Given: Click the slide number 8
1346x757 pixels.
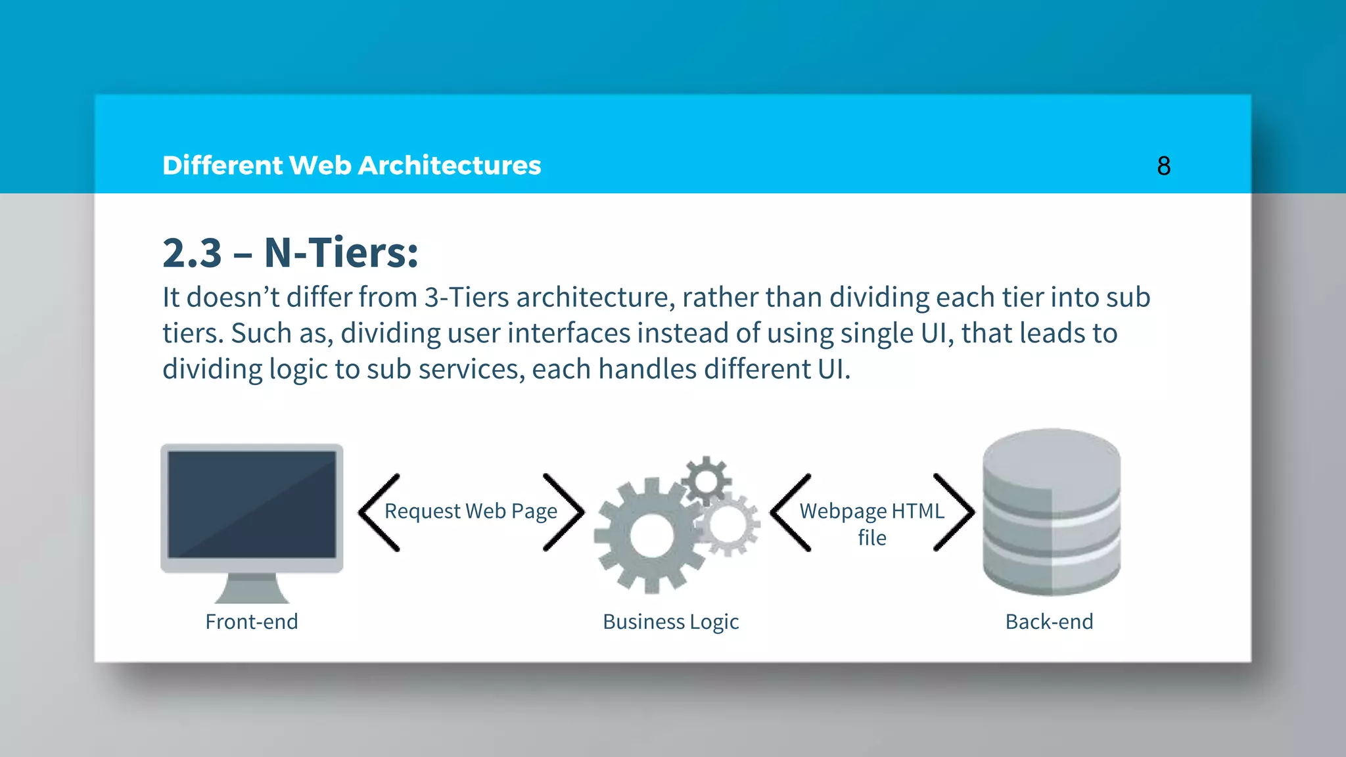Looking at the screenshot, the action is (1163, 166).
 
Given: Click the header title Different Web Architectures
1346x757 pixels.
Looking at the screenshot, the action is (352, 166).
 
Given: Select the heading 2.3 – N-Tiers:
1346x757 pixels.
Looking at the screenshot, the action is (290, 252).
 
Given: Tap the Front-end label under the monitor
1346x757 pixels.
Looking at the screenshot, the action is (252, 622).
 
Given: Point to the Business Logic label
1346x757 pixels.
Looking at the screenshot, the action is (670, 622).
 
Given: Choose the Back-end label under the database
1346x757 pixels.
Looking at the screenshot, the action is (1049, 622).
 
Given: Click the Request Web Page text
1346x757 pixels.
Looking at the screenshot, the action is (471, 511).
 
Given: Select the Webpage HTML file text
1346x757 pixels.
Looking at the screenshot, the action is (871, 524).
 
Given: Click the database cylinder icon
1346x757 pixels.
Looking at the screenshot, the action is (1051, 512).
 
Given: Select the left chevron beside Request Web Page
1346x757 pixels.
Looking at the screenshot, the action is (379, 513).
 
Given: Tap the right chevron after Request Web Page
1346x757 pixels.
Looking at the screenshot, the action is (564, 513).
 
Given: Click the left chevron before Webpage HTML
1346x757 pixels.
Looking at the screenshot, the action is (791, 513).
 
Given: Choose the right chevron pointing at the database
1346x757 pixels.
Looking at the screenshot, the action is (954, 513).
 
